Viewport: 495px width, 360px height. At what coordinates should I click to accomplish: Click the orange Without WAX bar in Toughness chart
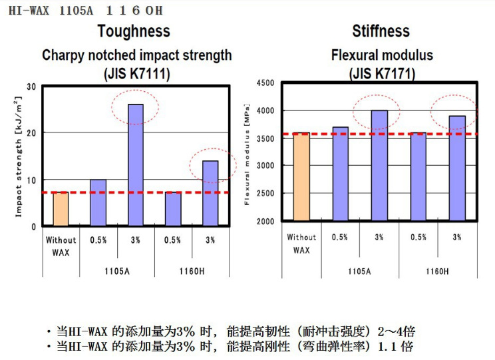[61, 209]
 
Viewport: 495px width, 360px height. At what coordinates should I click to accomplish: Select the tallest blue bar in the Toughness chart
[136, 165]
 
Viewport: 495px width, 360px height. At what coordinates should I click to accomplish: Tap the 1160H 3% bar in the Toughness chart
[210, 193]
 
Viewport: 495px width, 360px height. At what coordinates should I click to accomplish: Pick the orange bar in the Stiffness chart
[301, 177]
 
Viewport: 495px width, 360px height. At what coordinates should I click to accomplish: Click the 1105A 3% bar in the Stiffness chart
[379, 166]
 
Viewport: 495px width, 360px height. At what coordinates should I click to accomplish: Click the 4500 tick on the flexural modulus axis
[265, 83]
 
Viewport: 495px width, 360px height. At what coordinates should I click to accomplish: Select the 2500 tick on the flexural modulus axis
[265, 194]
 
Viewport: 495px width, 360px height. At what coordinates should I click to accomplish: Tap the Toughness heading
[133, 31]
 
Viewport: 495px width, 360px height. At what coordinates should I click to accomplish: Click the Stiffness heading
[381, 31]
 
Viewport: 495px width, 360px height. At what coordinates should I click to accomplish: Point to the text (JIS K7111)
[136, 74]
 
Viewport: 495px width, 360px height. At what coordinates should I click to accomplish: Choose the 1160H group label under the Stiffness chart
[436, 272]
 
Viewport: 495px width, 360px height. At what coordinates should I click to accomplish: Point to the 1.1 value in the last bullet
[388, 347]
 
